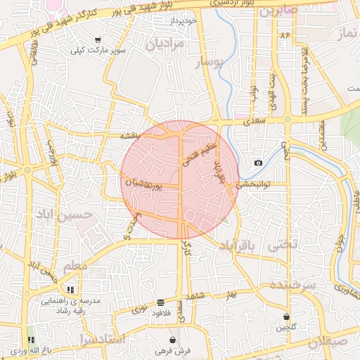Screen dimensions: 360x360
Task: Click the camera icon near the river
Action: [x=258, y=163]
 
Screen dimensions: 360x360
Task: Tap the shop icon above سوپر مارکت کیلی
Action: [x=96, y=40]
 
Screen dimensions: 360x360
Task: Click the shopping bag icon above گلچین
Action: [x=286, y=316]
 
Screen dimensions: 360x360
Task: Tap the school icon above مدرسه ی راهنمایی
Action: [x=70, y=290]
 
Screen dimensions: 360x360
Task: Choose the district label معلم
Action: [x=76, y=266]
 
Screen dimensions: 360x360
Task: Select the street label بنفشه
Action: [x=131, y=135]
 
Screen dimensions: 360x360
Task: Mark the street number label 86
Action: [x=284, y=34]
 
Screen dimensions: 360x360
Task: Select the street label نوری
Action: [x=140, y=308]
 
